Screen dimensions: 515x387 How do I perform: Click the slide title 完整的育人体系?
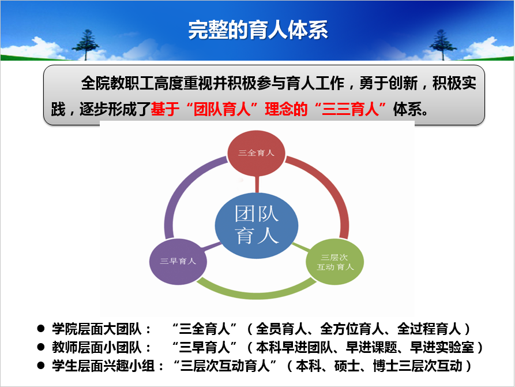tap(258, 30)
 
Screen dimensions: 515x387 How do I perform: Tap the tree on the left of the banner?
tap(86, 44)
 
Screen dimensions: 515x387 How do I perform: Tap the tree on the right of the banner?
tap(442, 44)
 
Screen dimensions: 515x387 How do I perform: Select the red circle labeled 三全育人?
tap(256, 153)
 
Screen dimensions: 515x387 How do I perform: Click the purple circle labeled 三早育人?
tap(178, 262)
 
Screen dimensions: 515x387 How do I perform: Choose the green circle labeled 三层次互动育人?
tap(334, 262)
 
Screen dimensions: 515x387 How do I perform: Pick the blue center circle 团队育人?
tap(257, 226)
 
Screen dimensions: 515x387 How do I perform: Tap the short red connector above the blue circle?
tap(257, 184)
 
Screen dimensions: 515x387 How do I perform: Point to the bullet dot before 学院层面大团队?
tap(41, 329)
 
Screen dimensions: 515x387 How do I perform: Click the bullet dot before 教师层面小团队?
tap(41, 347)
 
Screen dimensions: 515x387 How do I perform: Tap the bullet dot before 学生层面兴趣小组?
tap(41, 365)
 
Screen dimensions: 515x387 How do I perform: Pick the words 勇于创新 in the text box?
tap(388, 83)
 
